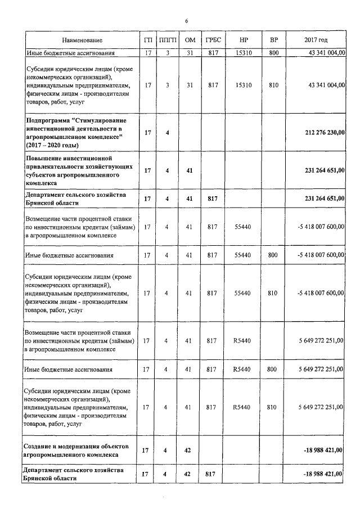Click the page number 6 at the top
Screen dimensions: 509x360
(x=186, y=21)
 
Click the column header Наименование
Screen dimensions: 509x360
(x=83, y=40)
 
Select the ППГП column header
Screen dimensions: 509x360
(x=167, y=40)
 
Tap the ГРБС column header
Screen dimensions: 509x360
(x=213, y=40)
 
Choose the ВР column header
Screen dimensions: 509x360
(x=274, y=40)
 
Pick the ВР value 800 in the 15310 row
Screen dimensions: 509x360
(x=274, y=53)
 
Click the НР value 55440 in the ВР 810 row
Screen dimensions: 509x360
(x=244, y=293)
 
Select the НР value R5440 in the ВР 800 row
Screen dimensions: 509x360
(x=244, y=370)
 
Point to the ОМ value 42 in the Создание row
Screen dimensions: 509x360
(x=190, y=450)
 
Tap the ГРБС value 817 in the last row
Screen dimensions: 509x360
(x=213, y=474)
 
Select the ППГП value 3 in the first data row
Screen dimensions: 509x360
(x=167, y=53)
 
